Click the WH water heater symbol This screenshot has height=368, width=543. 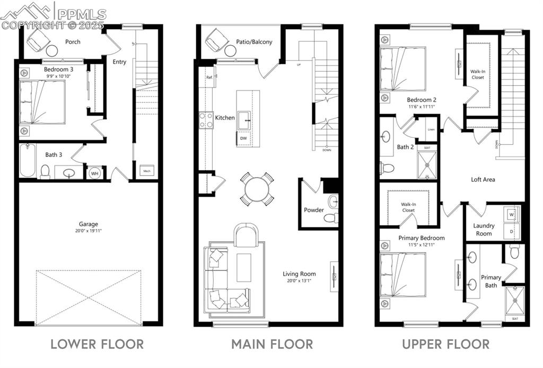point(94,173)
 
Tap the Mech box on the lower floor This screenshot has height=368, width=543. point(146,171)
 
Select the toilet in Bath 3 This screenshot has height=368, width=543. point(46,171)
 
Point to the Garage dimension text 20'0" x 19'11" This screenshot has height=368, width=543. point(89,231)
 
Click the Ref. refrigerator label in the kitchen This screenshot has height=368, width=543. point(209,77)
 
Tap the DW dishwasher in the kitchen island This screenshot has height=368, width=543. point(243,138)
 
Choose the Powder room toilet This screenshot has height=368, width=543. point(330,217)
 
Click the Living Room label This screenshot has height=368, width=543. point(299,274)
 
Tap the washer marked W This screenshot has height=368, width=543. point(512,215)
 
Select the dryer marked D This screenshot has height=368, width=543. point(512,231)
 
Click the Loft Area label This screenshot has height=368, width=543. point(483,179)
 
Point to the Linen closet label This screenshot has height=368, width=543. point(431,130)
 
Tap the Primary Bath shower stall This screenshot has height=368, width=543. point(514,301)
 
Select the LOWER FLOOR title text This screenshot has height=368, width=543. point(97,344)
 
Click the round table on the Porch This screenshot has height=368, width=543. point(52,51)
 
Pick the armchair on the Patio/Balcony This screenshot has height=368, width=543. point(216,40)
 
